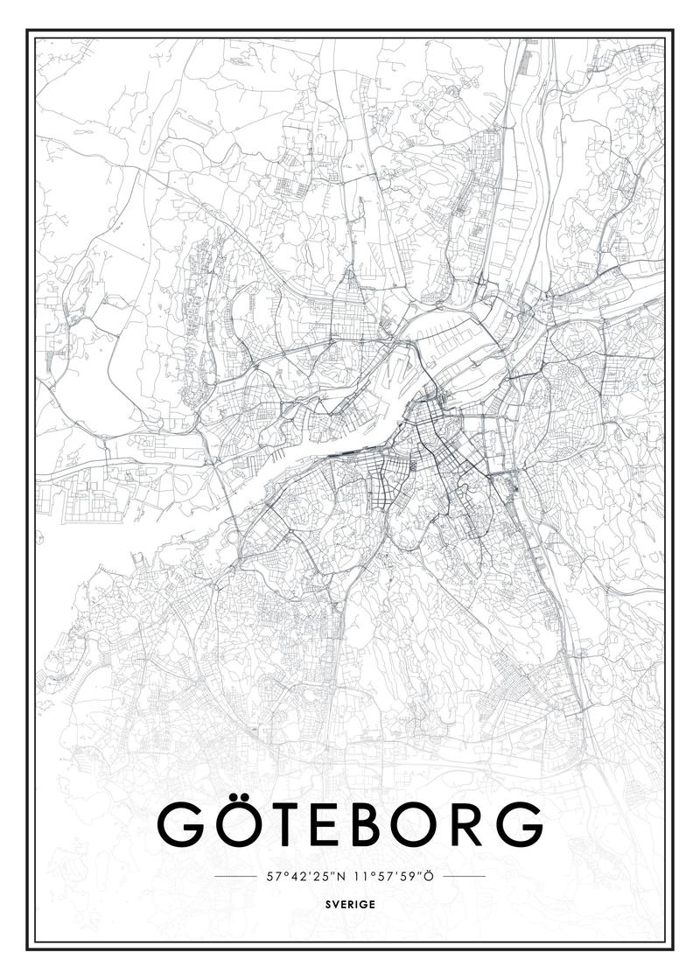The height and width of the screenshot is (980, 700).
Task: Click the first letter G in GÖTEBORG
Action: [179, 822]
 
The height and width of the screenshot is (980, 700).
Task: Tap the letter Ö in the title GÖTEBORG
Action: [237, 822]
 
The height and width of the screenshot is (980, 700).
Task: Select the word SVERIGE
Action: [349, 904]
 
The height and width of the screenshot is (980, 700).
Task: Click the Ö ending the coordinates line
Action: [429, 875]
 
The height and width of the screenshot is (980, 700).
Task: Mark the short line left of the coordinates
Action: [234, 875]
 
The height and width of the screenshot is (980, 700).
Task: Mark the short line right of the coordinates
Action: [465, 875]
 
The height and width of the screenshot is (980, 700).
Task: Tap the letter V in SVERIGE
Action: [334, 904]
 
